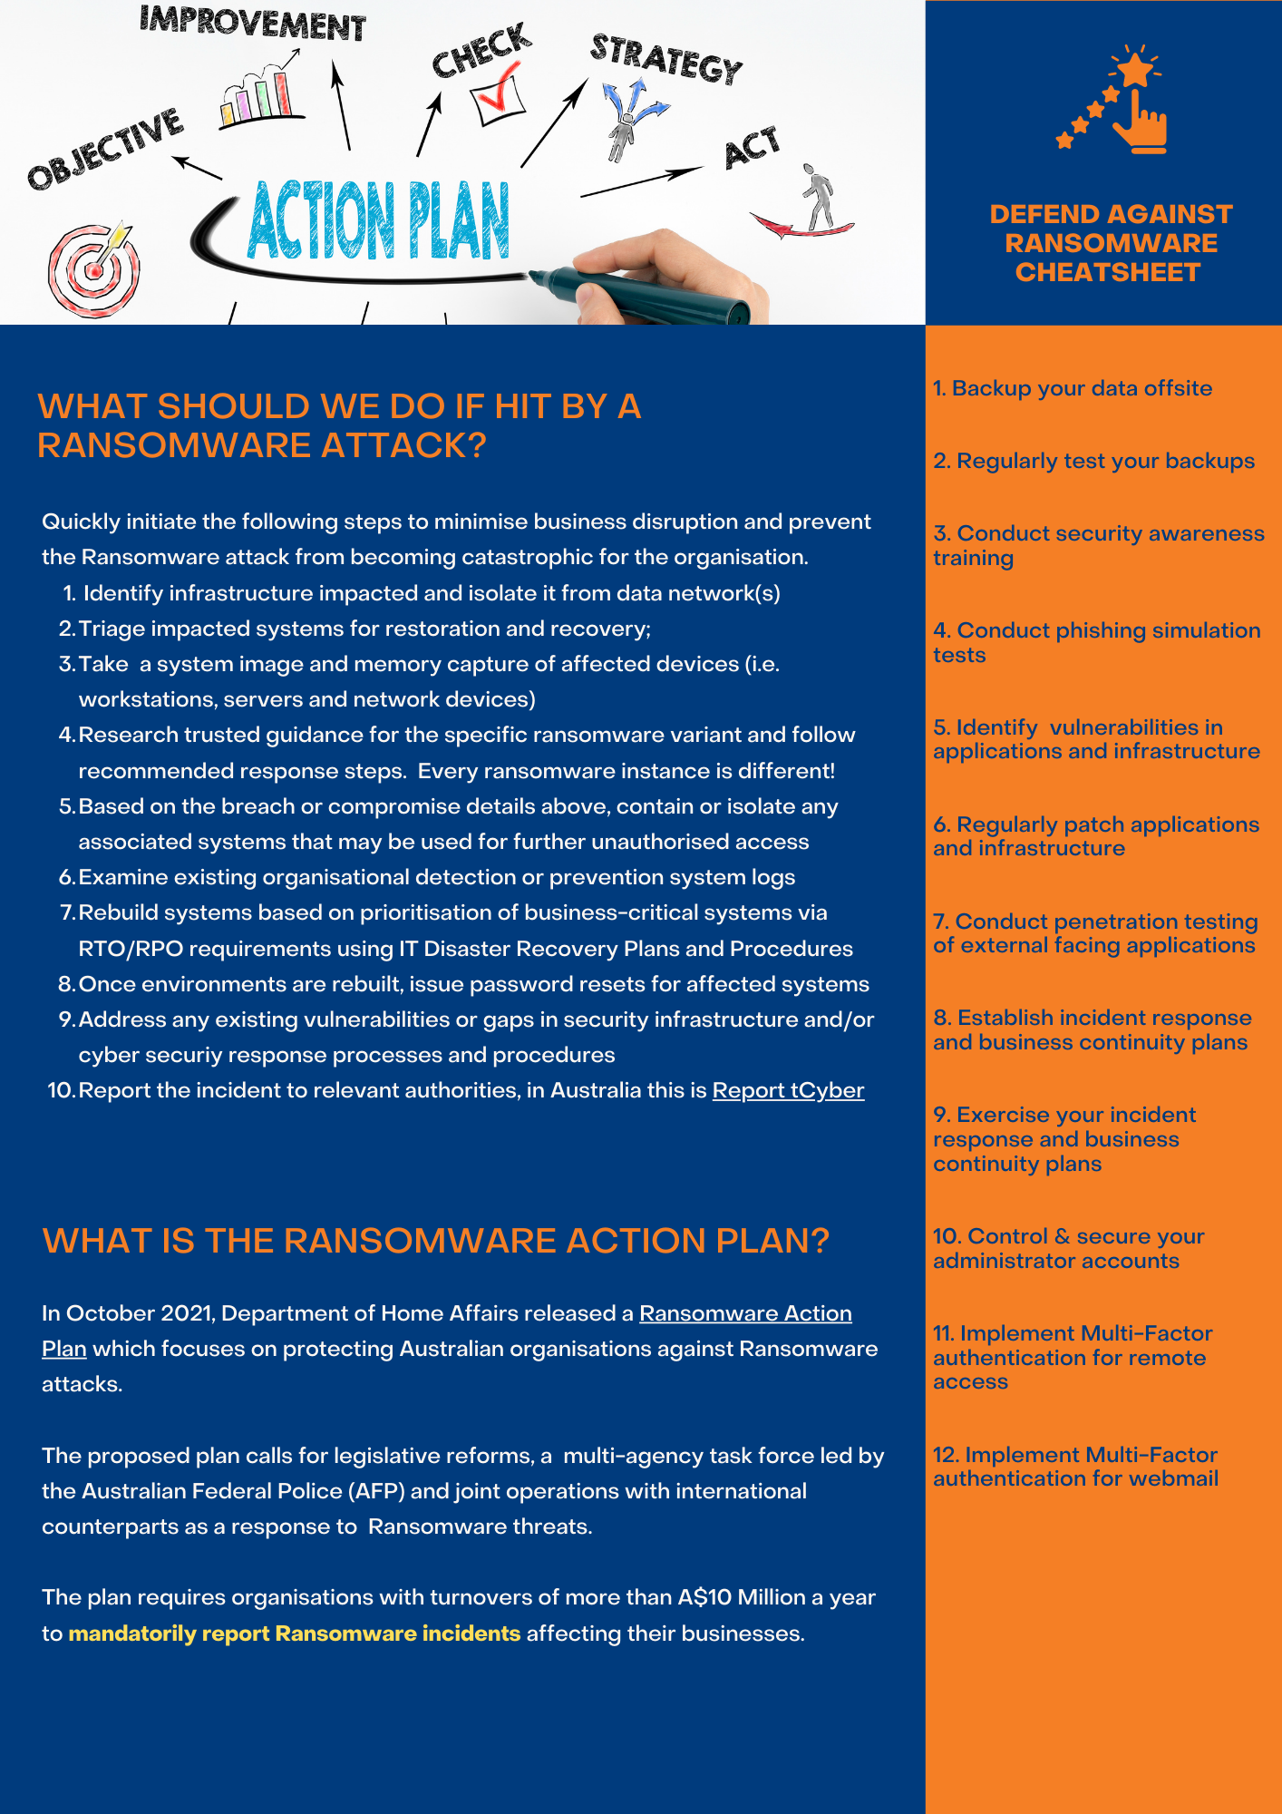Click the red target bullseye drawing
(x=93, y=270)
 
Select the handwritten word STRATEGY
(x=666, y=60)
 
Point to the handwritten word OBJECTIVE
(x=105, y=149)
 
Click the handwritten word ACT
(x=752, y=148)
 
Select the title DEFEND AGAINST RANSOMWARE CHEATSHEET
(x=1110, y=243)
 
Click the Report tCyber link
(x=788, y=1090)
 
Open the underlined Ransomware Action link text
(x=745, y=1313)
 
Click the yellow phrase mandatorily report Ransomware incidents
(x=295, y=1634)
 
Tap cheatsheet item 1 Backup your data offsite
(x=1073, y=388)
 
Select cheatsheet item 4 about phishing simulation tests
(x=1096, y=642)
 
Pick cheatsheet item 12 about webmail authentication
(x=1075, y=1467)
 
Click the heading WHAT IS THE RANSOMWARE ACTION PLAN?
(x=435, y=1241)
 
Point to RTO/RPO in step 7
(x=131, y=949)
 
